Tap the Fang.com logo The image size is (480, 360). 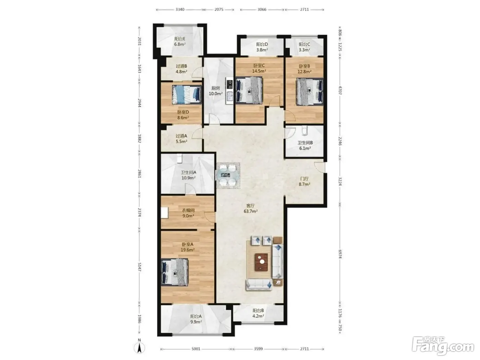coord(443,348)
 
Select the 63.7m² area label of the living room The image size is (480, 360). coord(250,211)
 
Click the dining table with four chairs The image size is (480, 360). coord(228,175)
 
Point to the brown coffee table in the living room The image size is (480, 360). coord(261,262)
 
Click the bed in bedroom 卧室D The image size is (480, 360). coord(187,94)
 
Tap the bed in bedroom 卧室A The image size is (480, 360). coord(175,272)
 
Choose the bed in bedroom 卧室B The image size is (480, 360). coord(310,92)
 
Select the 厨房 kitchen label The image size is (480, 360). coord(216,88)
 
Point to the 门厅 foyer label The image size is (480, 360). coord(304,179)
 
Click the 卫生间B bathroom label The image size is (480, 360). coord(305,143)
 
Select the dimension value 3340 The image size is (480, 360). coord(180,9)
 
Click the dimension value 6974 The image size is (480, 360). coord(340,254)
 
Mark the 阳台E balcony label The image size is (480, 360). coord(180,39)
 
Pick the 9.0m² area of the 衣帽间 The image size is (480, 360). coord(188,216)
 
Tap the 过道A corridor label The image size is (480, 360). coord(181,136)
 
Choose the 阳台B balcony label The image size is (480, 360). coord(258,310)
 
